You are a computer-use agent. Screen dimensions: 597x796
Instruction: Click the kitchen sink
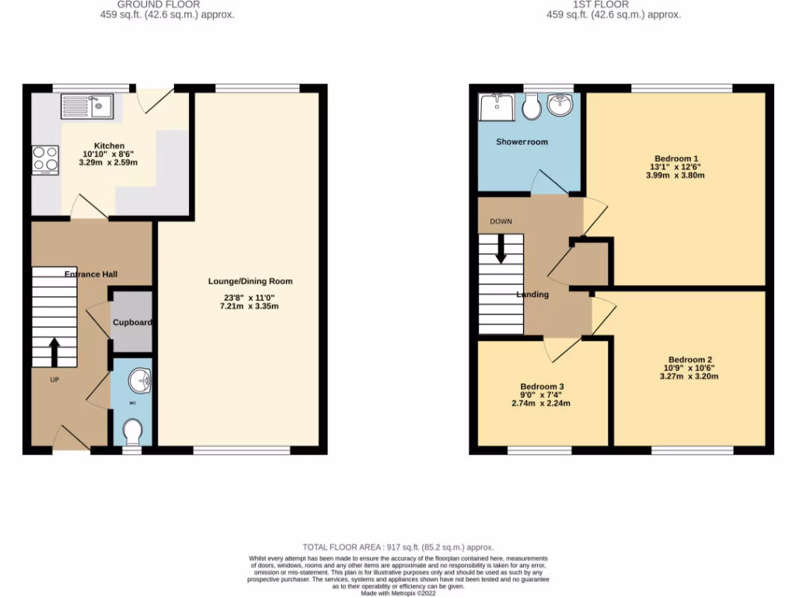(88, 106)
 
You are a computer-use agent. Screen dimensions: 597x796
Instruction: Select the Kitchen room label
(109, 145)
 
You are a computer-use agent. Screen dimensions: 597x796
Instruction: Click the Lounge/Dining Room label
(250, 281)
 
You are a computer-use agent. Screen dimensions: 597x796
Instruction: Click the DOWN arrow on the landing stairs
(501, 248)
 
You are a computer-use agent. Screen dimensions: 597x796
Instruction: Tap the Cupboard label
(131, 323)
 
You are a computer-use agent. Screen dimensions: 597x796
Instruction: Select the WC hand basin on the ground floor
(141, 382)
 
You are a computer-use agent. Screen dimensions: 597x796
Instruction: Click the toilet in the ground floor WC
(132, 431)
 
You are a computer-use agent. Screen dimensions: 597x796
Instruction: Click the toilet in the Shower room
(532, 107)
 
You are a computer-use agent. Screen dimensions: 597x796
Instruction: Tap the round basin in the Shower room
(559, 104)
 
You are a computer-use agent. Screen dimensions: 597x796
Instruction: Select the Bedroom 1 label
(676, 158)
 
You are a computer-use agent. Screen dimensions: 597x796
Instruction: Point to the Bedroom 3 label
(542, 386)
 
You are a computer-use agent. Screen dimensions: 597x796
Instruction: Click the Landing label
(532, 295)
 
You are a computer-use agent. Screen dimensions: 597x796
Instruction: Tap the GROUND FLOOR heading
(158, 4)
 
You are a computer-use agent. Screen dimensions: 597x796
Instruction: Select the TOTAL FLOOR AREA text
(397, 547)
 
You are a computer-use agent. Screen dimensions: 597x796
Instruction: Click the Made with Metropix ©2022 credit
(398, 593)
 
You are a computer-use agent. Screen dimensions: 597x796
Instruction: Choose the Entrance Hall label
(90, 274)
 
